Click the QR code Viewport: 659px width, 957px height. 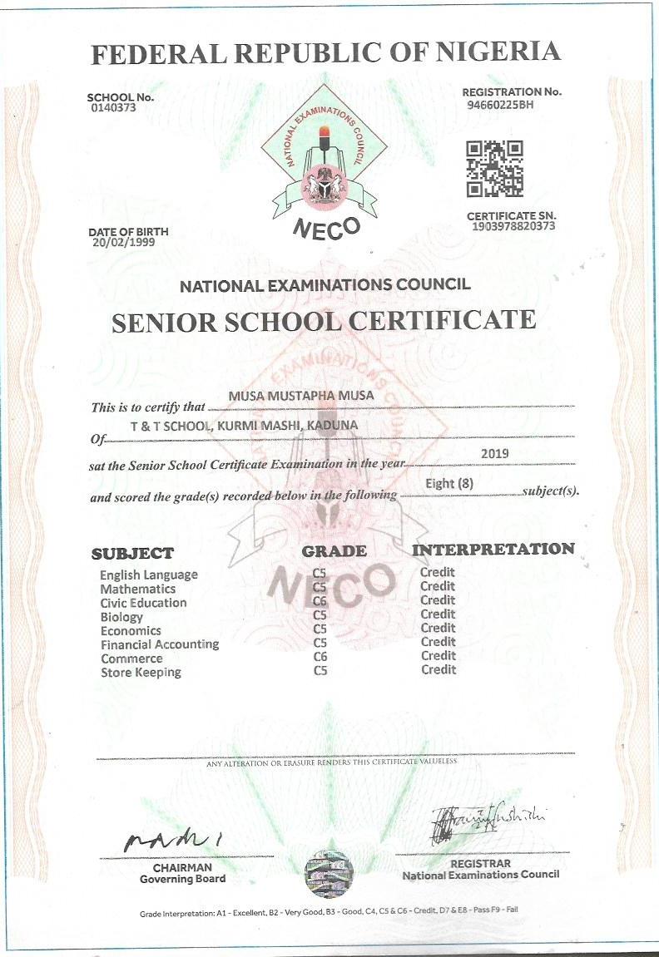point(494,169)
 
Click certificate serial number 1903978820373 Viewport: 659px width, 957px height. point(513,226)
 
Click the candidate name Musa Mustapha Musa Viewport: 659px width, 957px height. point(300,396)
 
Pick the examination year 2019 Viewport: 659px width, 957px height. point(495,454)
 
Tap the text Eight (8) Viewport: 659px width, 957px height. point(448,483)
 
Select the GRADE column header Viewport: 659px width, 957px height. point(334,550)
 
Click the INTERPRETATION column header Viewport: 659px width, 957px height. point(493,549)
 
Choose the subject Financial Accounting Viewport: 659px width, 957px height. point(160,644)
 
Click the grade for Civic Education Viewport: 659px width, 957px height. point(320,601)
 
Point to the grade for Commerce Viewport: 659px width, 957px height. point(320,657)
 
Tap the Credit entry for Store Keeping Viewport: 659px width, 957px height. point(439,669)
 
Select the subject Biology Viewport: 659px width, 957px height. point(121,617)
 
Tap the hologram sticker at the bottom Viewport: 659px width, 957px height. point(329,873)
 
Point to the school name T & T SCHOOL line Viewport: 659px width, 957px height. point(244,426)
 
